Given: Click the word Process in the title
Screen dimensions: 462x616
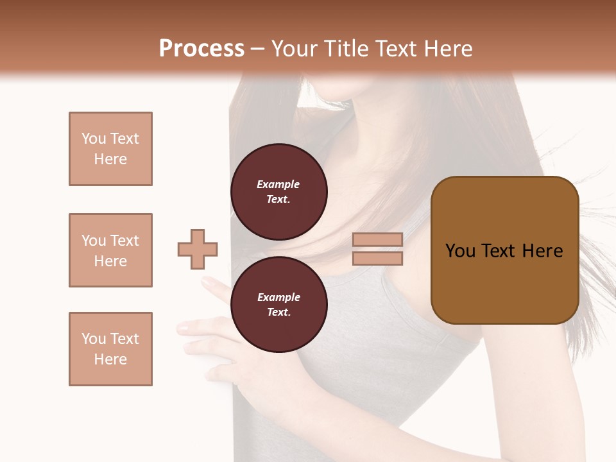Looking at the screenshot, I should [201, 49].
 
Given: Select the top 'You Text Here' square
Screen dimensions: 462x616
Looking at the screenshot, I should [110, 149].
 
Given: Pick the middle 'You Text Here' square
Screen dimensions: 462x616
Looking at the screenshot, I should [110, 250].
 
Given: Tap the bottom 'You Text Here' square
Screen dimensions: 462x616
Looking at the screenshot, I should [110, 349].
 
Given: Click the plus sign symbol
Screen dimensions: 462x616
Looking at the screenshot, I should [198, 249].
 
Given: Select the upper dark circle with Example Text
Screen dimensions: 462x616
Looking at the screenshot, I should [278, 191].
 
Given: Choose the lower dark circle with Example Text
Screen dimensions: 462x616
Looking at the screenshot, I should [278, 305].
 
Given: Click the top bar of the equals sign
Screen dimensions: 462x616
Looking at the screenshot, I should [377, 239].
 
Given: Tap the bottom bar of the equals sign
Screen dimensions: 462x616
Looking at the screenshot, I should [377, 258].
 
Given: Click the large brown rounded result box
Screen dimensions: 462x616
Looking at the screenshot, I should [504, 250].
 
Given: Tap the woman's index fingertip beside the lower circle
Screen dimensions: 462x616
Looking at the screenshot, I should [207, 281].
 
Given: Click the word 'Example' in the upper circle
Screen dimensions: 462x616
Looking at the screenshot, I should [278, 184].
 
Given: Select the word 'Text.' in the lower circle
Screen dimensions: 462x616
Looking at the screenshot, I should [278, 312].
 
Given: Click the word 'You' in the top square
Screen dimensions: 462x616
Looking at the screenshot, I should [93, 139].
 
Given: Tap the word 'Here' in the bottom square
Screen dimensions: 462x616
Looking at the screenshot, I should [110, 359].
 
